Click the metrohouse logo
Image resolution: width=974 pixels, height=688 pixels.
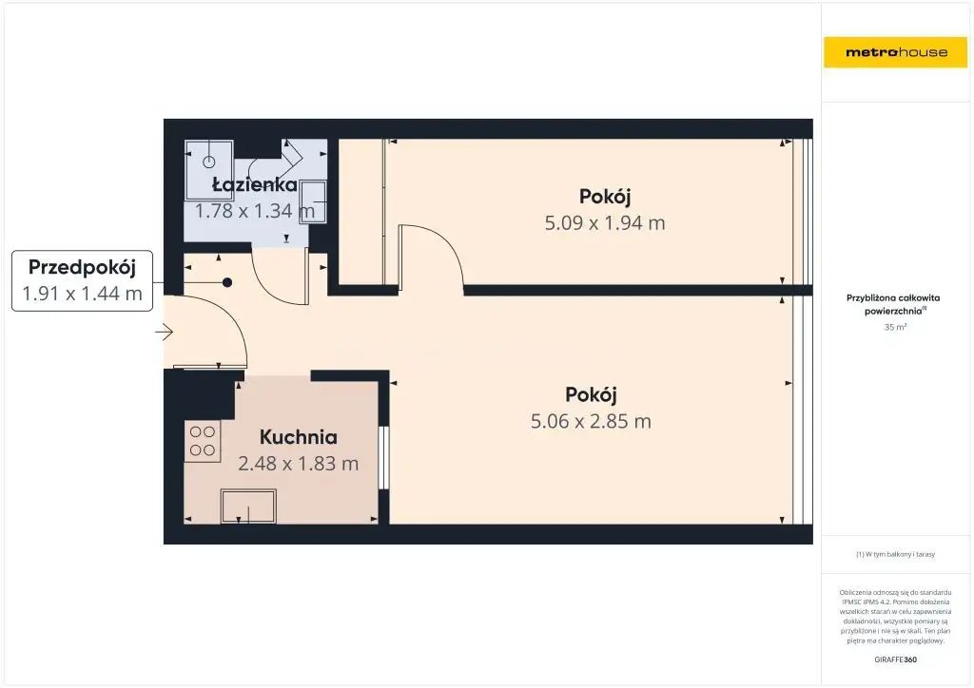896,52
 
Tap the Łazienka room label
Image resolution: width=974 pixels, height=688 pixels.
255,184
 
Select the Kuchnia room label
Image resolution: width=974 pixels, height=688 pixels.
298,437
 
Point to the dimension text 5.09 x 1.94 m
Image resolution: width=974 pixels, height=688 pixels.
604,222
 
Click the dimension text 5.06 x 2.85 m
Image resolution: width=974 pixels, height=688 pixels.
591,421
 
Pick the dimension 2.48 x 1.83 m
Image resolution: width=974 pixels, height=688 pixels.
298,464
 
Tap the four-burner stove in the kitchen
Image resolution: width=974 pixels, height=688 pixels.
203,441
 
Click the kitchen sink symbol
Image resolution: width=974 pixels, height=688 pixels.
248,506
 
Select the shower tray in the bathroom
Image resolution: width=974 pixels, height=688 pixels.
208,162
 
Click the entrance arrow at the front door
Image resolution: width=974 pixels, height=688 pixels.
164,333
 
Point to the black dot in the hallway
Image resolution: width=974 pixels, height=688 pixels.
227,282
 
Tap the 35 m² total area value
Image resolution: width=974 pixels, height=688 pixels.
895,327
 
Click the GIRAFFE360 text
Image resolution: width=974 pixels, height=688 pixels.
895,659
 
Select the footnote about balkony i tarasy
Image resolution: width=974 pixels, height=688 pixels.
895,554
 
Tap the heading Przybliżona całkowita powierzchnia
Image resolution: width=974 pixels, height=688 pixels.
893,304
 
